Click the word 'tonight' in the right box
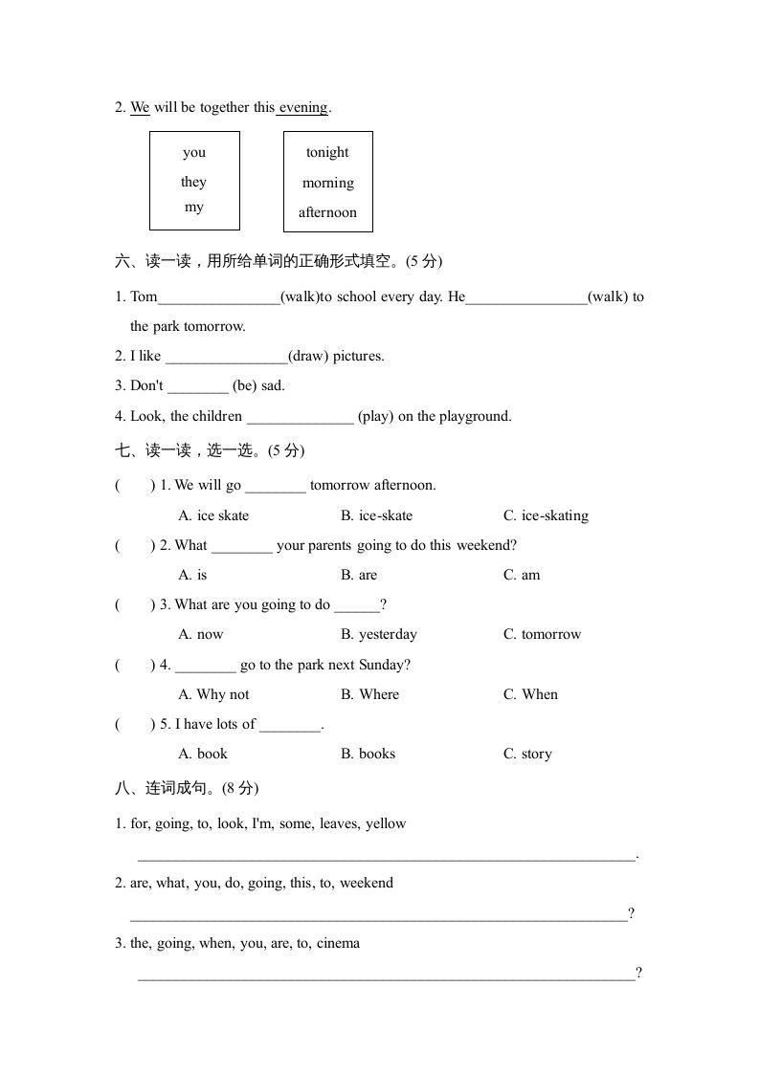click(327, 153)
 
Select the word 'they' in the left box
click(193, 182)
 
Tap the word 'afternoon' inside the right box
click(327, 212)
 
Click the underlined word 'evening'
click(303, 108)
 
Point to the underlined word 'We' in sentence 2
click(140, 108)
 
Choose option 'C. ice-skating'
click(546, 515)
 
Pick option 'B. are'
click(359, 575)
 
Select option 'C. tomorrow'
click(542, 634)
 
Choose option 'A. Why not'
click(213, 694)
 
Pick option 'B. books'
click(368, 754)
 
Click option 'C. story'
click(527, 754)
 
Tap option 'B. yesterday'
click(378, 634)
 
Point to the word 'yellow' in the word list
click(386, 823)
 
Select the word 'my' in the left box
click(193, 208)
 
